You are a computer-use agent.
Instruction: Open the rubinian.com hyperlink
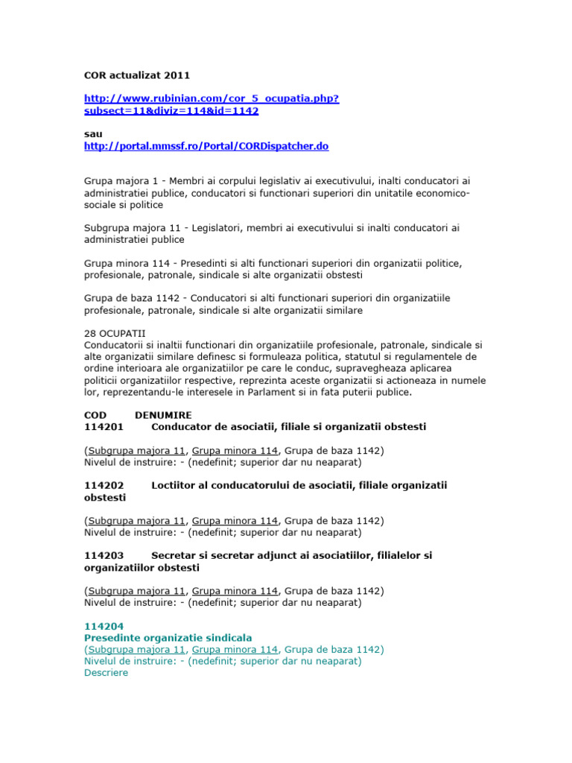[x=212, y=104]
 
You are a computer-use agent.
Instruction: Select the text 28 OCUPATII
[x=115, y=334]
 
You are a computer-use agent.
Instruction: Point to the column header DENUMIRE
[x=163, y=415]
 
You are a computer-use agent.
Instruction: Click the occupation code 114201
[x=104, y=427]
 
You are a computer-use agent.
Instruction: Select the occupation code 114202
[x=104, y=485]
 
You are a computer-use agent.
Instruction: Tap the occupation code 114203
[x=104, y=556]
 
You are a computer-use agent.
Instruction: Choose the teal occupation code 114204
[x=104, y=627]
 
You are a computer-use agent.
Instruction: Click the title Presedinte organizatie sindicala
[x=168, y=638]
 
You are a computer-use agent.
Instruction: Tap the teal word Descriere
[x=107, y=673]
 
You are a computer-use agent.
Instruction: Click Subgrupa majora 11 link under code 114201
[x=136, y=451]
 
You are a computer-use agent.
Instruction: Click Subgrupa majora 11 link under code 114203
[x=136, y=591]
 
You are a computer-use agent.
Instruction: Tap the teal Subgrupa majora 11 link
[x=136, y=650]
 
